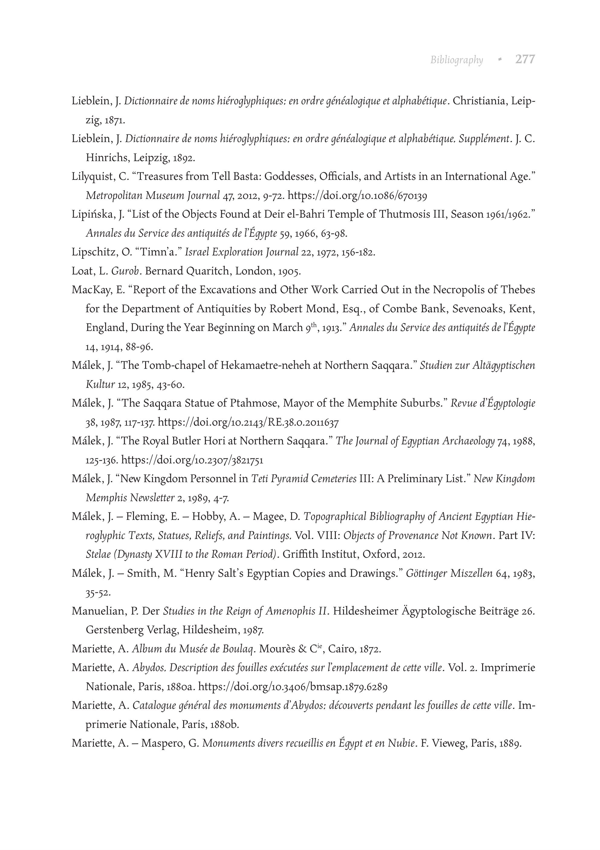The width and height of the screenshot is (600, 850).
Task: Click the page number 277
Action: click(x=525, y=59)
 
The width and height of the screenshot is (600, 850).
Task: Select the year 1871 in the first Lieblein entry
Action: click(x=115, y=120)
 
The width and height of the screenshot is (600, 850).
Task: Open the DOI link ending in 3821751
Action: click(x=192, y=460)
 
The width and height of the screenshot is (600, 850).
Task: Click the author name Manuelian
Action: click(x=99, y=611)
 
